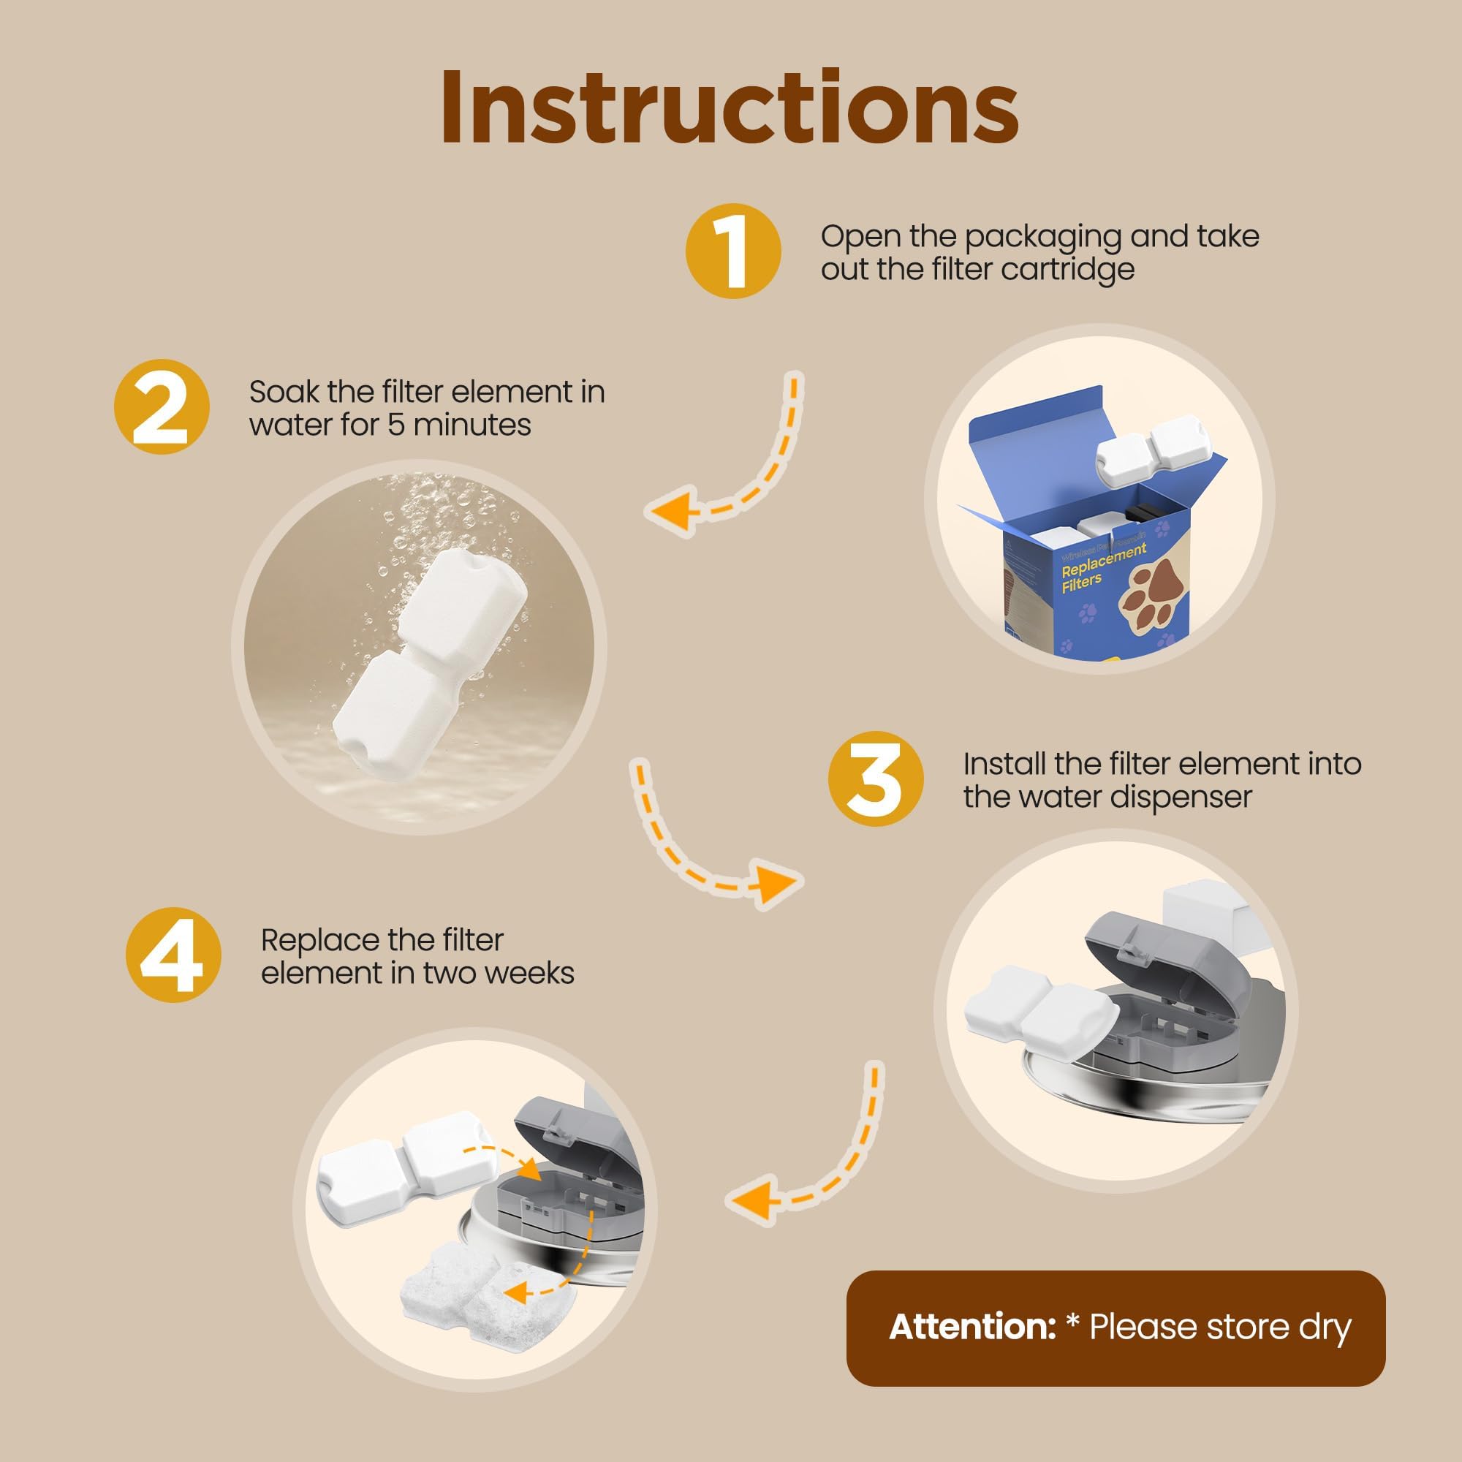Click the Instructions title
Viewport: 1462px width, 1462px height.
pos(730,107)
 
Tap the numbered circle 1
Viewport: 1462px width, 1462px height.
pos(732,251)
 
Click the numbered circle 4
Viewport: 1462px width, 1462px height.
pos(173,955)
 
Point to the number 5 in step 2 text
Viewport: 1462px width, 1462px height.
pos(395,425)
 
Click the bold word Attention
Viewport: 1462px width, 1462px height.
pos(971,1327)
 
